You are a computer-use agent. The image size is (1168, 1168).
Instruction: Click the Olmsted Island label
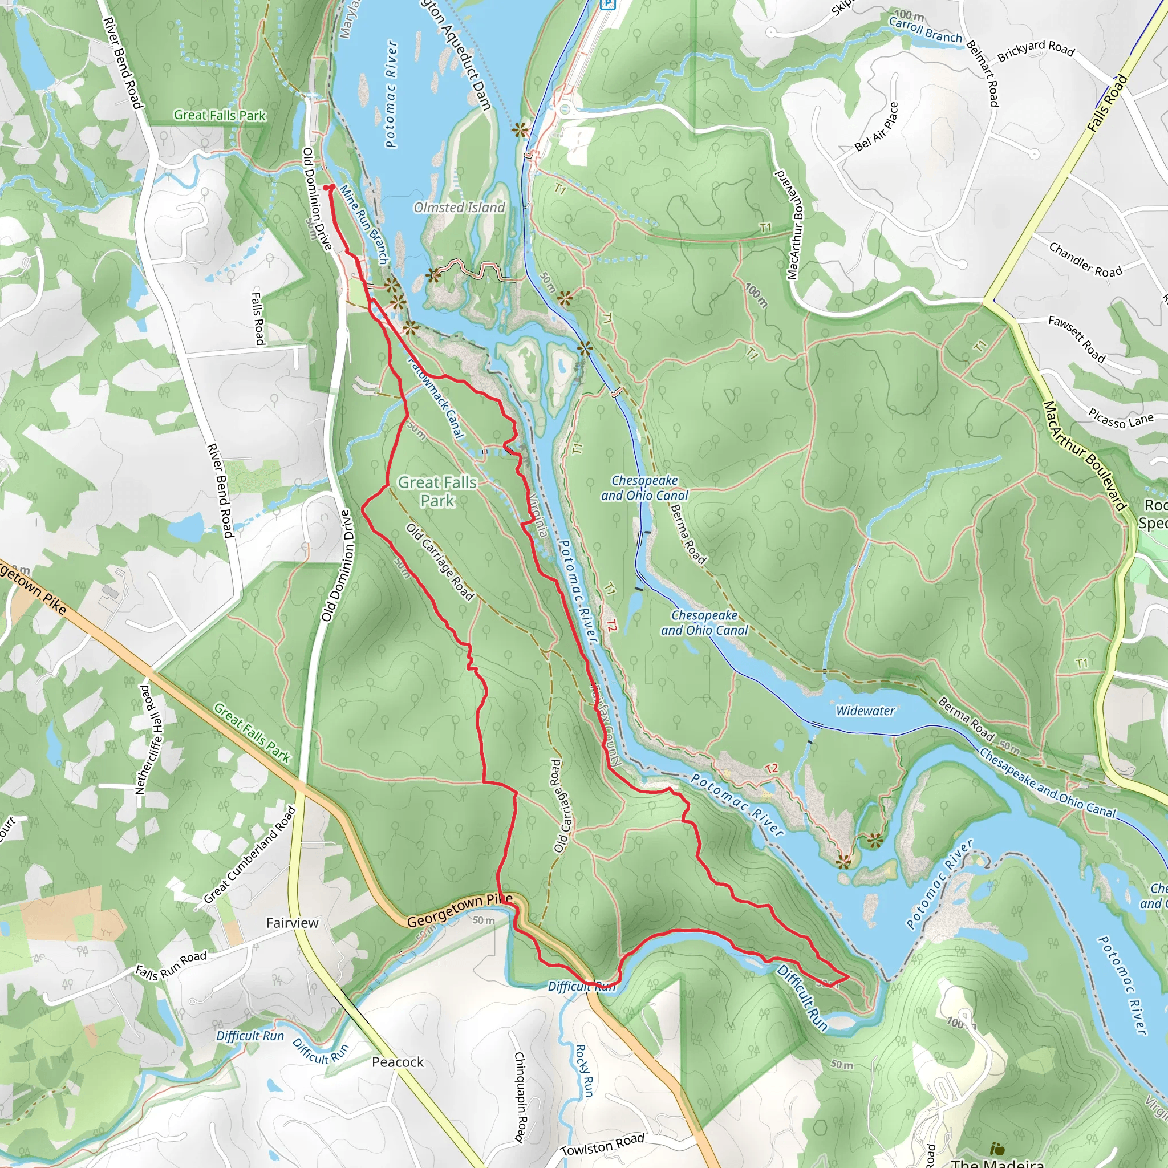click(459, 208)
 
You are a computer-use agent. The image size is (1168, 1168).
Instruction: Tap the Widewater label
click(865, 711)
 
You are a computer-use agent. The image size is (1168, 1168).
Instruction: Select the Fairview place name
click(292, 923)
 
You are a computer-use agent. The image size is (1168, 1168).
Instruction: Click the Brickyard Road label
click(1036, 50)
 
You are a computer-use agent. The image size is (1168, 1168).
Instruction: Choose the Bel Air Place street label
click(876, 127)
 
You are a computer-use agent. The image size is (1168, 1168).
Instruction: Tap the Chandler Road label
click(1085, 259)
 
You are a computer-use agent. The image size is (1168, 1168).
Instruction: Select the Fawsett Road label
click(1076, 339)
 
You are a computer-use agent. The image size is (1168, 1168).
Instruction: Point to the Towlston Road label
click(602, 1145)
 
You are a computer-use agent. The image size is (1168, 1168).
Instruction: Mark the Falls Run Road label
click(171, 965)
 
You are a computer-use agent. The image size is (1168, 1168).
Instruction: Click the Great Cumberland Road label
click(250, 854)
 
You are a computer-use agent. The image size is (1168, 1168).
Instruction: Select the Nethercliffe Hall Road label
click(148, 739)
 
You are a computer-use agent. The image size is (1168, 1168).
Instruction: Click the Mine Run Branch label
click(363, 224)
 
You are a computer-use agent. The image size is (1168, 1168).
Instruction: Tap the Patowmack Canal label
click(436, 397)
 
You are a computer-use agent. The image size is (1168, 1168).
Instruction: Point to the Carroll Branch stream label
click(924, 30)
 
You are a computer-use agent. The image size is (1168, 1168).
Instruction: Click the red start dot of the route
click(330, 188)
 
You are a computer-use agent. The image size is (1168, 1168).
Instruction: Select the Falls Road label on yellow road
click(1106, 103)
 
